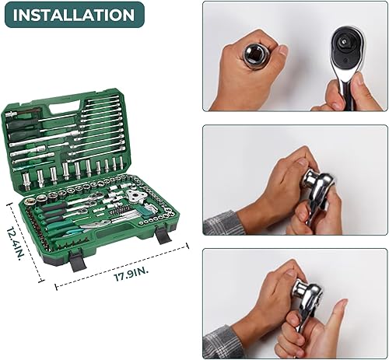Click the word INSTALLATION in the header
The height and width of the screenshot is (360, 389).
pos(73,15)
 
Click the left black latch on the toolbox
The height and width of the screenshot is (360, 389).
pos(78,259)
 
